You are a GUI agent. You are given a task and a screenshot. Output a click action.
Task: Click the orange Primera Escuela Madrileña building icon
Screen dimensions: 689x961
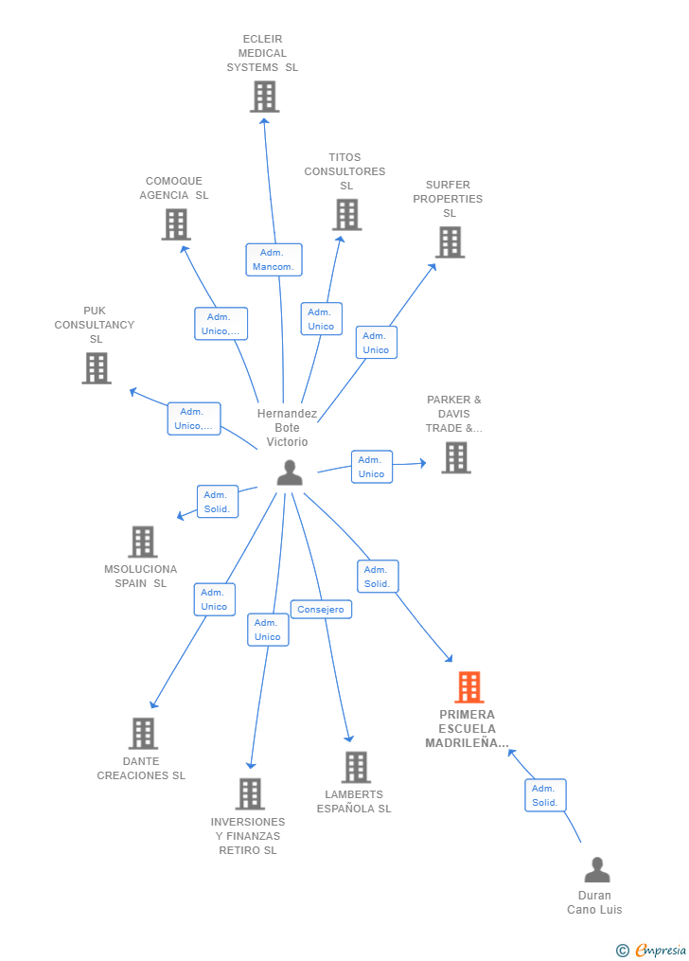click(x=469, y=687)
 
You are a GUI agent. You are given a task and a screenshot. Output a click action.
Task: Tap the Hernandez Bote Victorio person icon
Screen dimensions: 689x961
click(x=290, y=472)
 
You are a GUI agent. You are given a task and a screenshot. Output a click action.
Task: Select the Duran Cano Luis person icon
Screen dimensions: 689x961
click(x=597, y=869)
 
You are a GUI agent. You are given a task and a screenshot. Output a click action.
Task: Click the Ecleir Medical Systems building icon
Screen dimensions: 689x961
click(x=265, y=97)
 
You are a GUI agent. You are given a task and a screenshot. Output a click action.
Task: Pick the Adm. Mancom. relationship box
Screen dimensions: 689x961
click(x=274, y=259)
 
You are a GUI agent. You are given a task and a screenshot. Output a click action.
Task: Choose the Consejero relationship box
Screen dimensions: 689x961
click(x=321, y=609)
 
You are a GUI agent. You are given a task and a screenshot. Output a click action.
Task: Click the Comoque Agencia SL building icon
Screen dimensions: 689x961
click(x=176, y=224)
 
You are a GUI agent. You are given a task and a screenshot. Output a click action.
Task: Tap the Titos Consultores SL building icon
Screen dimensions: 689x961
click(x=347, y=215)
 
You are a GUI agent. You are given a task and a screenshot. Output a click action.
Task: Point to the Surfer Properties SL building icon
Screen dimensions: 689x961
click(x=450, y=242)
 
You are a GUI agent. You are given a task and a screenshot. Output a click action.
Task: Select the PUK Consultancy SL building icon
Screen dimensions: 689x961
click(x=97, y=368)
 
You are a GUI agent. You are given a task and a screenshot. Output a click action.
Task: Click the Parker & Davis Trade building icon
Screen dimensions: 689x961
click(x=456, y=458)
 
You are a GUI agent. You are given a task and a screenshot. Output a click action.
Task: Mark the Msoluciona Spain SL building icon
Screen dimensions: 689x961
click(x=143, y=542)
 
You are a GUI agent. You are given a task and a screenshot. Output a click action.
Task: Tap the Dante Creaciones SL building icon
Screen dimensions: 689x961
click(x=143, y=734)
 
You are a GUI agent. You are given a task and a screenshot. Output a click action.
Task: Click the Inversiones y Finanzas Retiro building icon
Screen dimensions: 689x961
click(x=251, y=794)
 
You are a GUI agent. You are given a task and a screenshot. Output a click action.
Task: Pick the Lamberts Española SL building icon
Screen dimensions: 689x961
click(x=357, y=767)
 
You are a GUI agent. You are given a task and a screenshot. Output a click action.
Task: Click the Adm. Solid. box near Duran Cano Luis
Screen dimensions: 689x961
click(x=545, y=795)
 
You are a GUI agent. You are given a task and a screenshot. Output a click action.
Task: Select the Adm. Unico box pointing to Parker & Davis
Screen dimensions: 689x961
click(x=372, y=467)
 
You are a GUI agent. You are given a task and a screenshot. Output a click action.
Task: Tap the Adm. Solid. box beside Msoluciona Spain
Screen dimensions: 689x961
click(x=218, y=502)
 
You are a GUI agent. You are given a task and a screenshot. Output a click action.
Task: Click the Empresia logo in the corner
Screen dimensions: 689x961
click(x=652, y=951)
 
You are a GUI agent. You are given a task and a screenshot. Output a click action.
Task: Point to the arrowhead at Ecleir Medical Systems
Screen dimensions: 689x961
click(x=264, y=121)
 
